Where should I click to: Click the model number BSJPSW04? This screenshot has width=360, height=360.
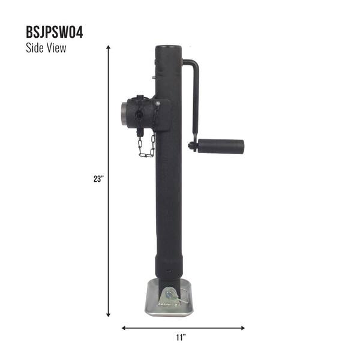click(x=55, y=32)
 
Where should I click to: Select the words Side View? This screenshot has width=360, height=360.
click(x=46, y=49)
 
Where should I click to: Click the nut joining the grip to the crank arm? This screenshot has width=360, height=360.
click(x=193, y=146)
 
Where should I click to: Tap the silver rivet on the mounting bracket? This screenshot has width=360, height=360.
click(x=157, y=103)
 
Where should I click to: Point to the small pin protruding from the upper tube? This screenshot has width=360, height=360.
click(x=153, y=76)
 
